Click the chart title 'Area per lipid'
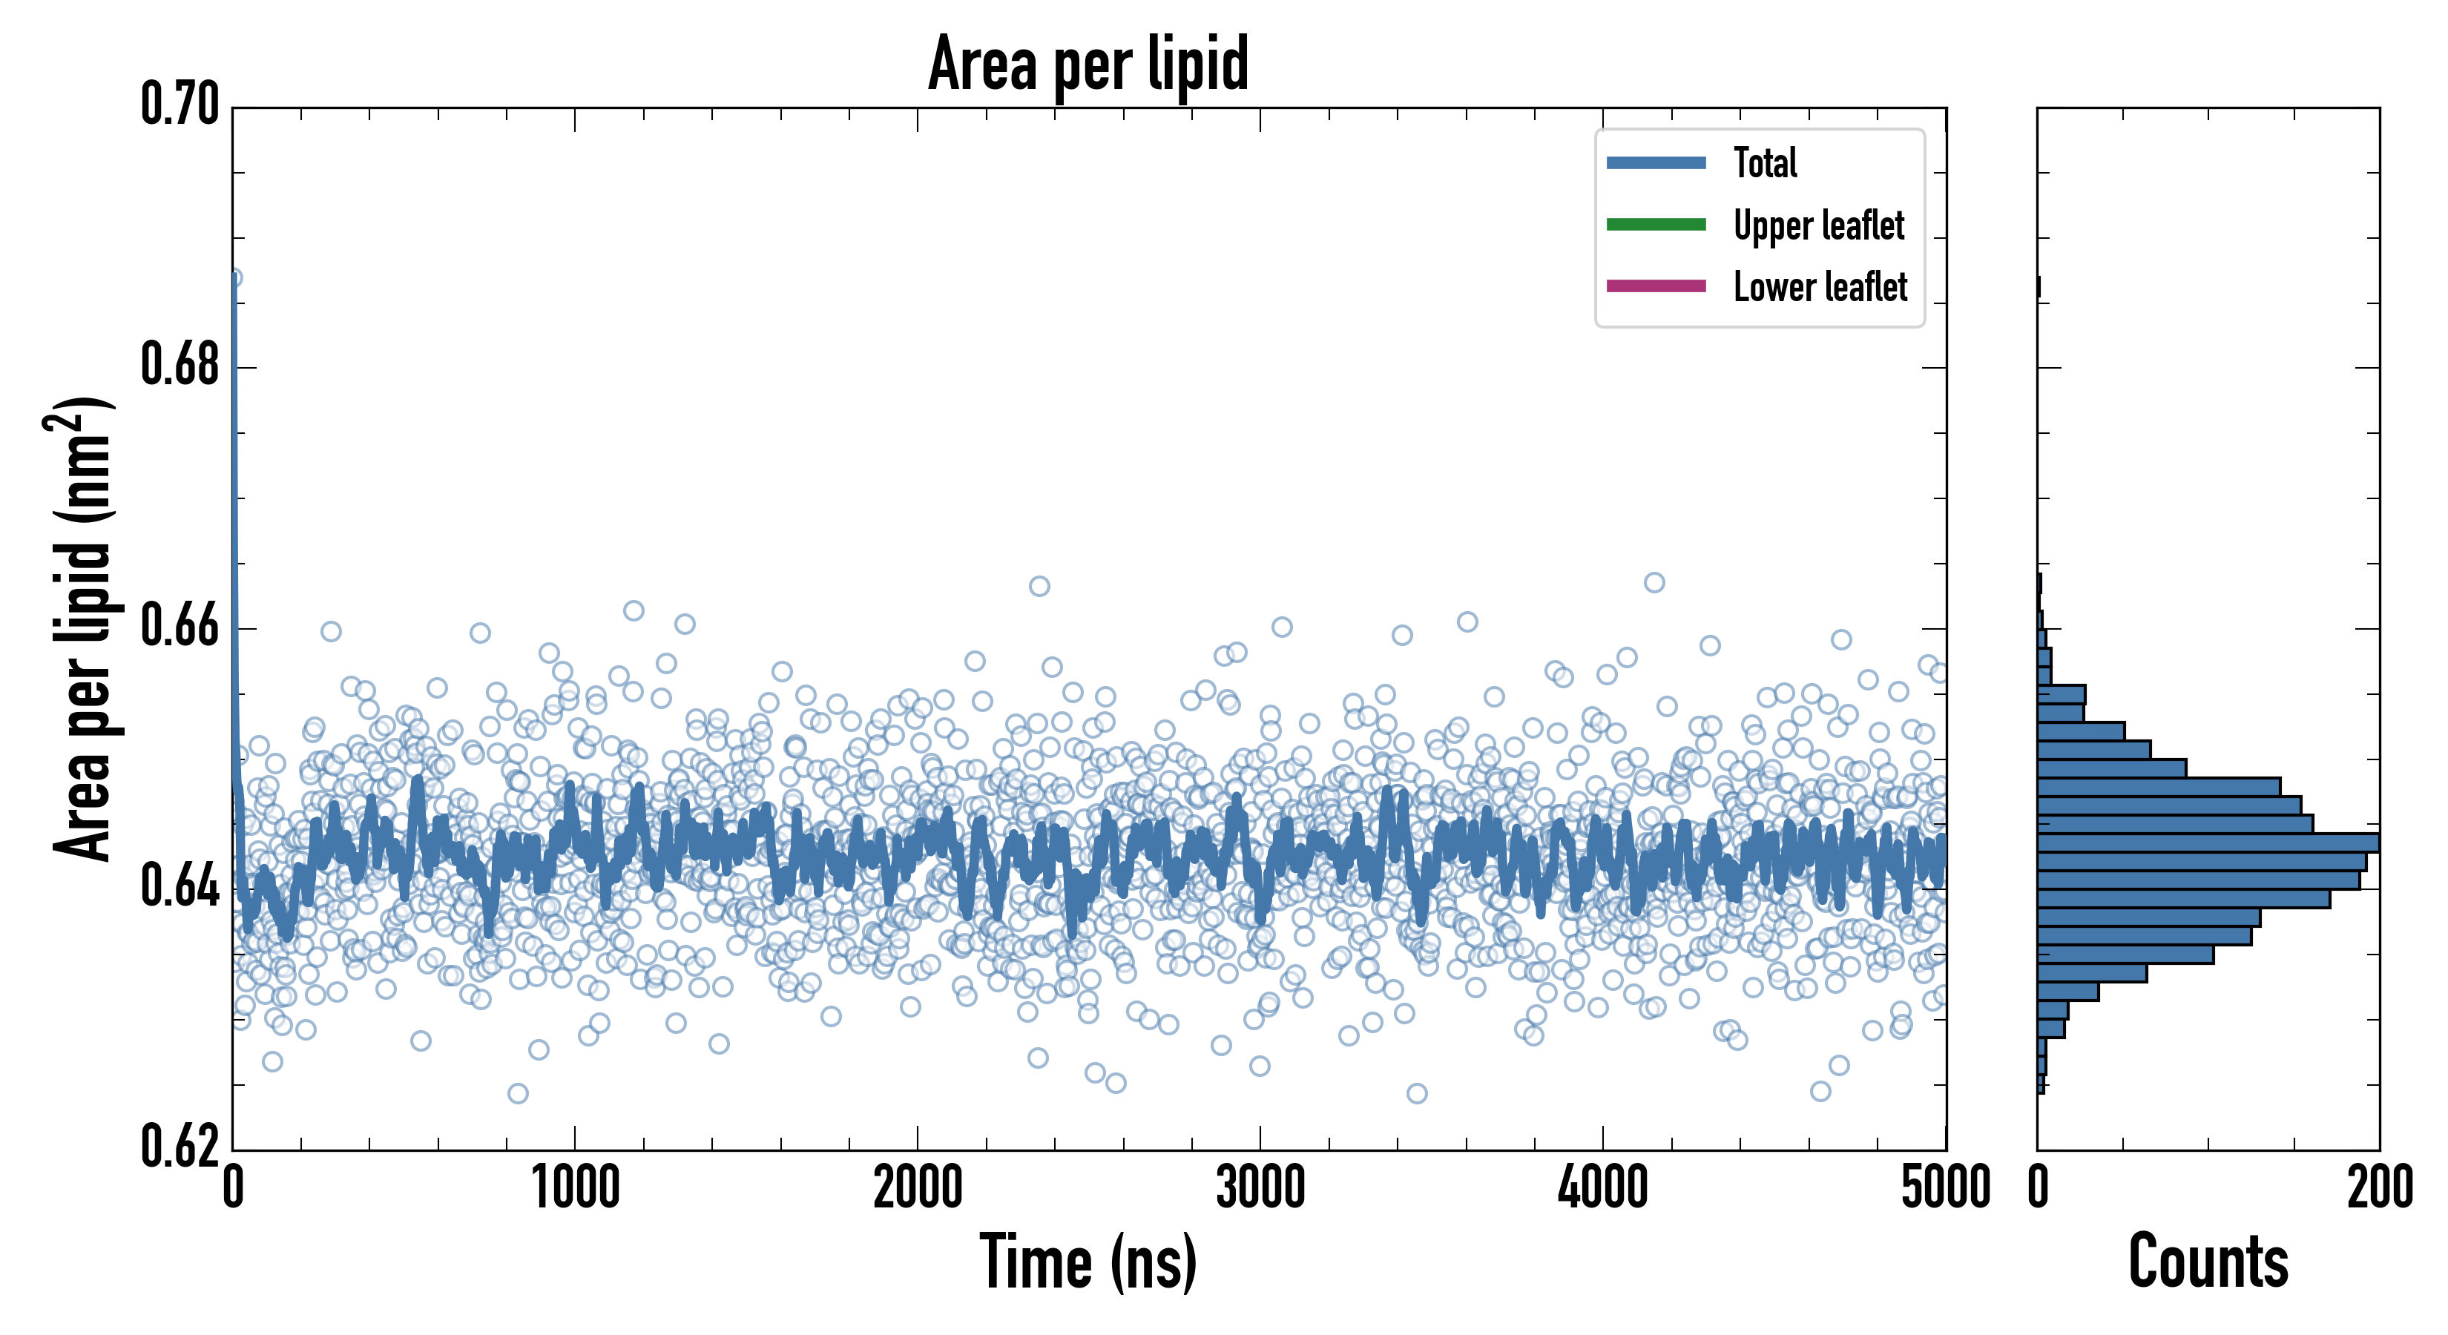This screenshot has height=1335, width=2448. [x=1088, y=64]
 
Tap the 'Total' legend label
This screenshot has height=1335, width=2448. [x=1765, y=162]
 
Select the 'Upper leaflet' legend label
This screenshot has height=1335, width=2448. [x=1818, y=225]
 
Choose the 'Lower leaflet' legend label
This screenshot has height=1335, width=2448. [x=1820, y=287]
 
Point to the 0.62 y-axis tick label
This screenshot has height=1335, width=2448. [x=180, y=1147]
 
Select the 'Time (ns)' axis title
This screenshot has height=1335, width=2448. [x=1088, y=1263]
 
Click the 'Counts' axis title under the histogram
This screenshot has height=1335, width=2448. [x=2208, y=1263]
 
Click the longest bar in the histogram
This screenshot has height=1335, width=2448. [x=2208, y=843]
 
